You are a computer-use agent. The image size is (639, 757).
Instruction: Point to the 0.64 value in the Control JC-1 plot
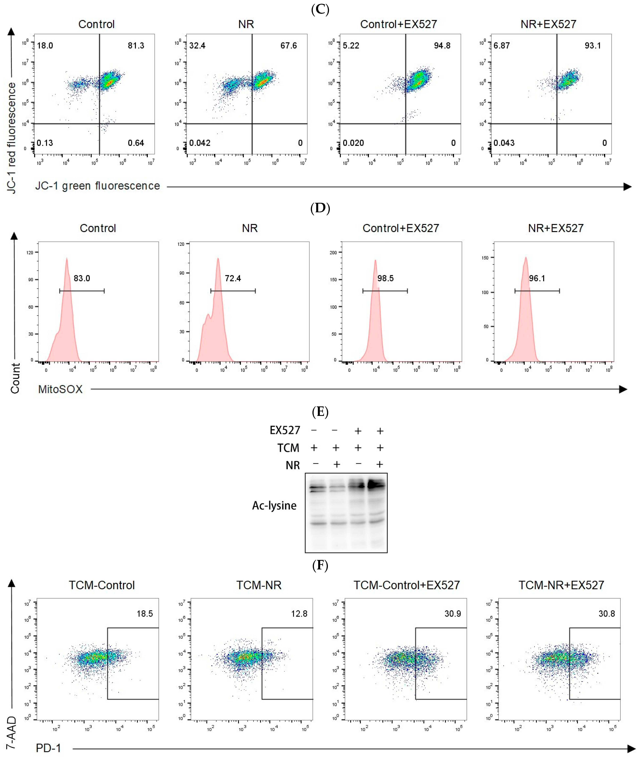[136, 143]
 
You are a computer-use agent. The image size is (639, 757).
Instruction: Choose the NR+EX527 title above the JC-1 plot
[548, 24]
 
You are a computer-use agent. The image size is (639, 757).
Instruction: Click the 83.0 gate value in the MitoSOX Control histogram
[82, 278]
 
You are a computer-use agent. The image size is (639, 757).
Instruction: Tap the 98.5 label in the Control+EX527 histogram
[385, 278]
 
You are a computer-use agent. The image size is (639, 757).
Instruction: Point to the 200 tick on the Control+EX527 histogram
[333, 253]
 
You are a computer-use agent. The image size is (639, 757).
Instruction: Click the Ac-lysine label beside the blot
[274, 505]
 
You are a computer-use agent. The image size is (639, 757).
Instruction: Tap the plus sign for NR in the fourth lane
[380, 464]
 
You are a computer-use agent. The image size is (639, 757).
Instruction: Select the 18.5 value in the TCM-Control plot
[145, 614]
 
